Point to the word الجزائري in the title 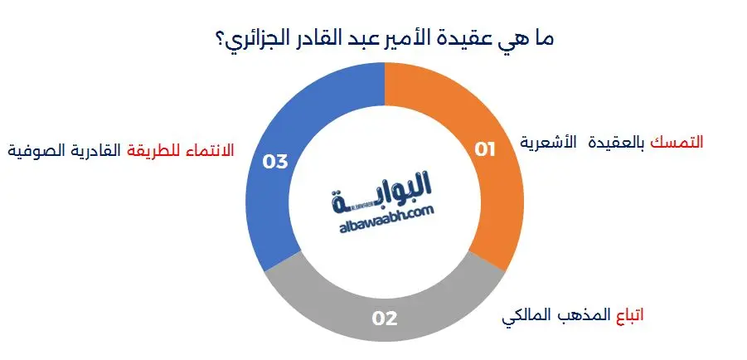pos(260,38)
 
